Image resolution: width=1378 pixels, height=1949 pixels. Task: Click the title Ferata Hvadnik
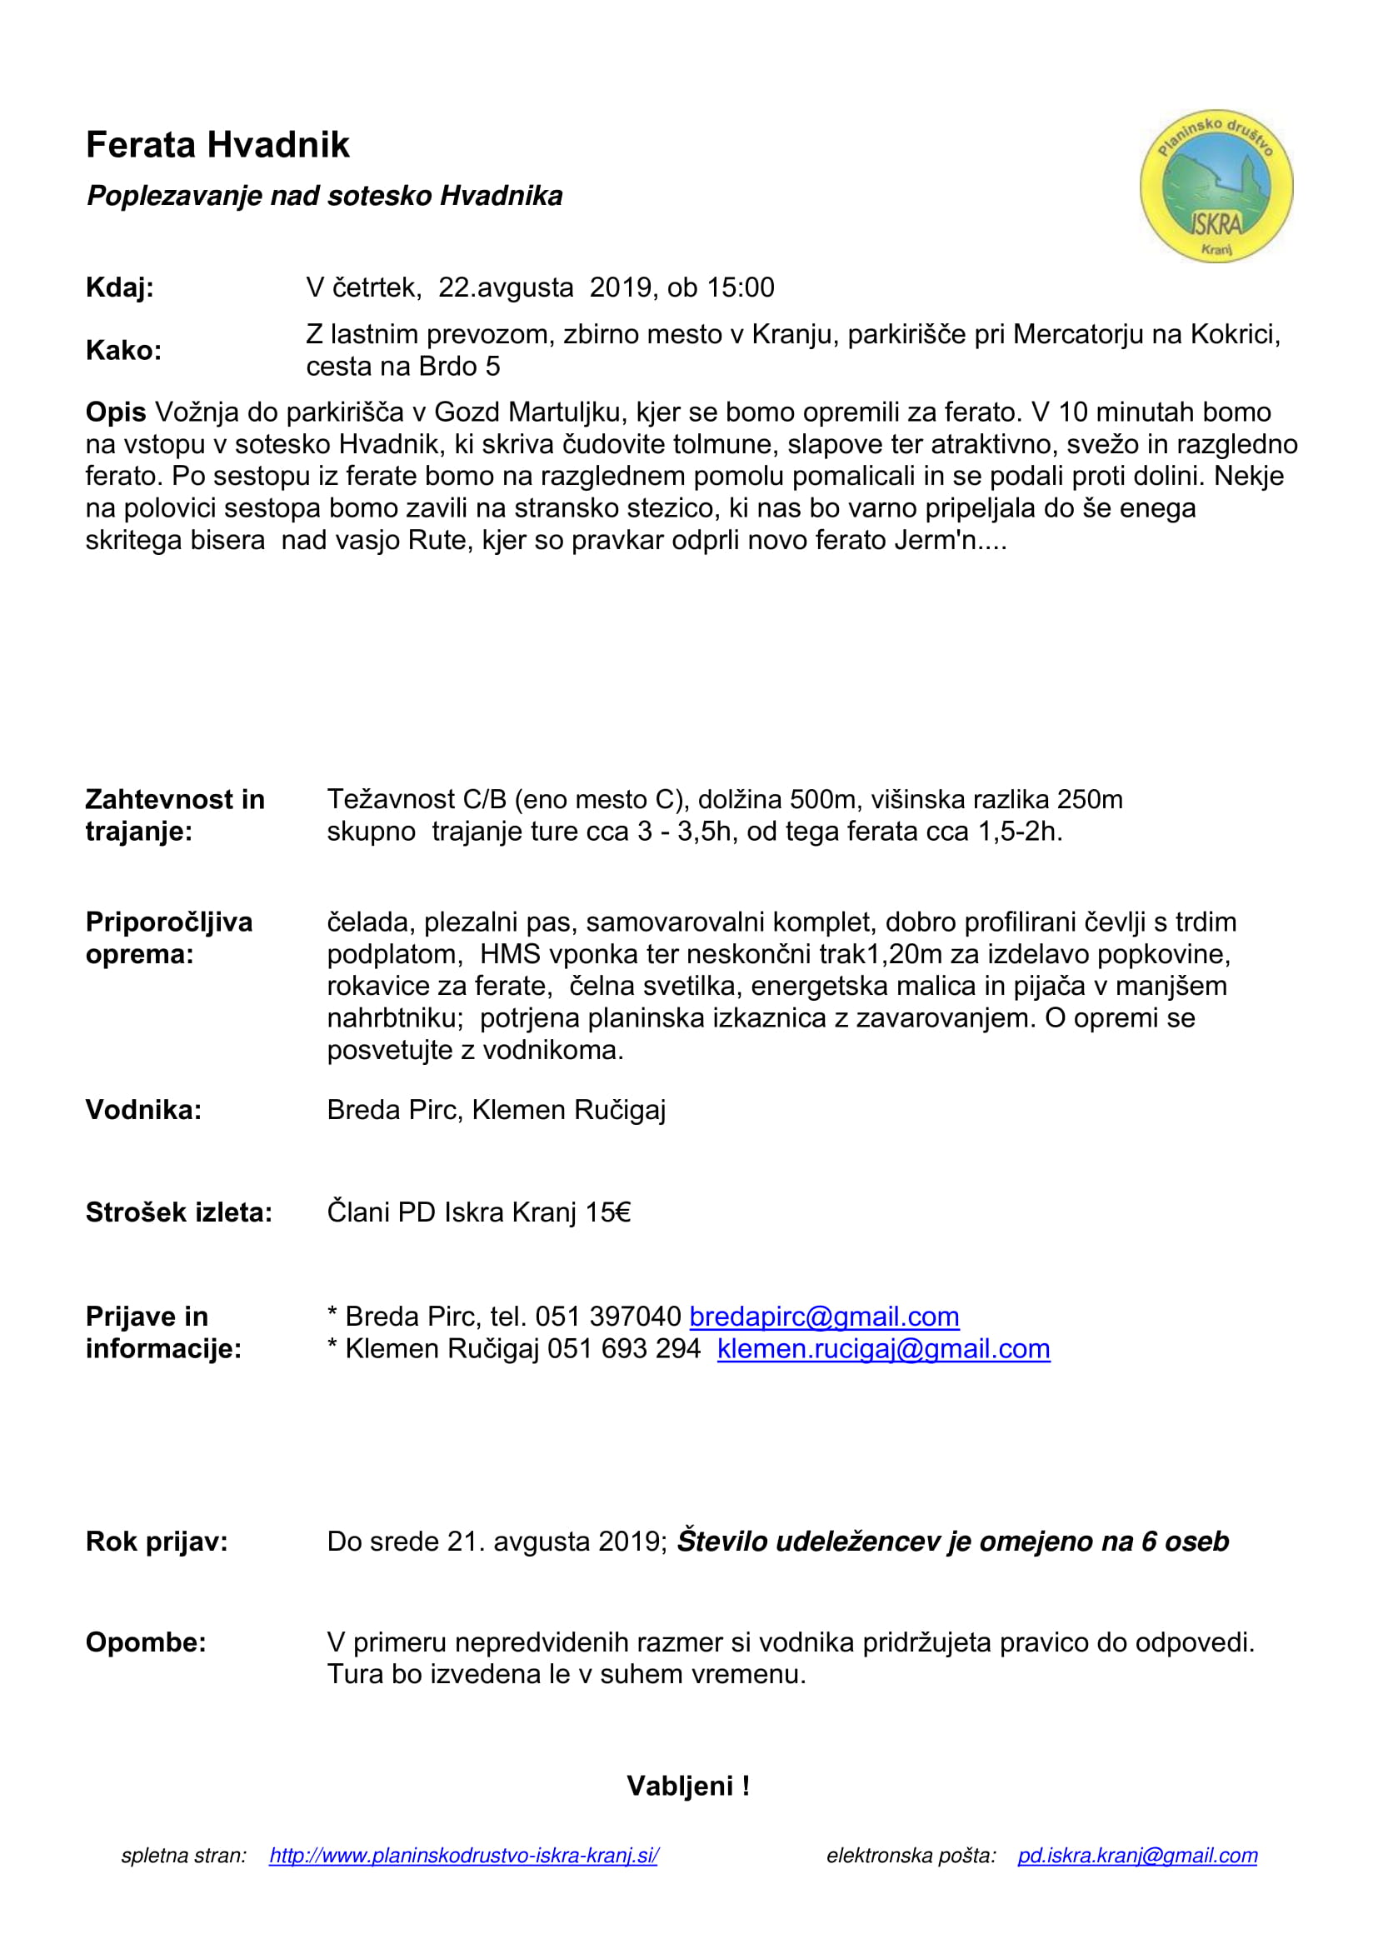click(217, 145)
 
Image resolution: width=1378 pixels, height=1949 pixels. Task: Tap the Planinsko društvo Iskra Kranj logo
click(1216, 186)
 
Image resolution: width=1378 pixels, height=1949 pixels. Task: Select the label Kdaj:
click(120, 287)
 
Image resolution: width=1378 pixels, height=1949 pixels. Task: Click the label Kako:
click(124, 350)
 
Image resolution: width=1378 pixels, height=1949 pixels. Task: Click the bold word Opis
click(116, 412)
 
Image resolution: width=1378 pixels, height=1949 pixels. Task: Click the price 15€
click(607, 1212)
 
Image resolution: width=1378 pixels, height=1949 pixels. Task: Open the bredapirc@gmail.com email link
click(824, 1316)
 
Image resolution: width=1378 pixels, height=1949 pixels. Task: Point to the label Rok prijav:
click(157, 1541)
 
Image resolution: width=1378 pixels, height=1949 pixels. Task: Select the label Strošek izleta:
click(179, 1212)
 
